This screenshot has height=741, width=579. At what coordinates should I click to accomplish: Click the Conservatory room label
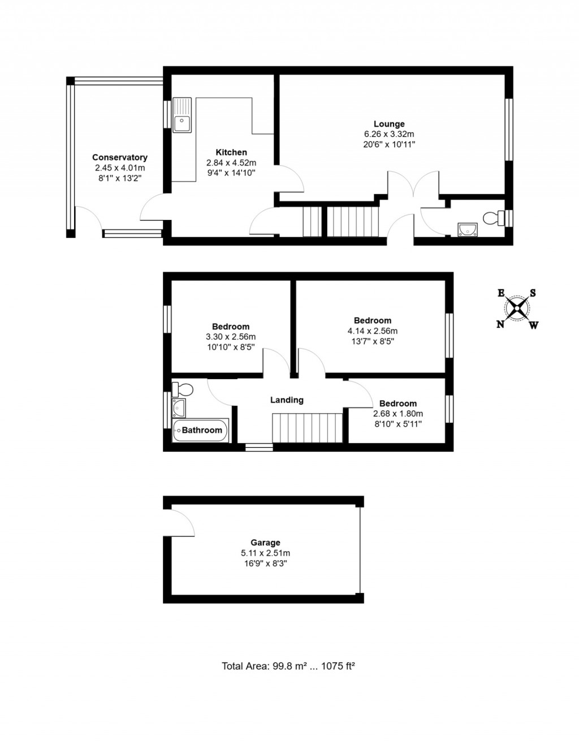120,158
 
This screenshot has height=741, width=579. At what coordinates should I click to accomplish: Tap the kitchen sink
182,120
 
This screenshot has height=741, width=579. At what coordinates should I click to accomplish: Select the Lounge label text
389,124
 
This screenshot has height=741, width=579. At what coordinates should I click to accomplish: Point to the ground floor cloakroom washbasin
468,228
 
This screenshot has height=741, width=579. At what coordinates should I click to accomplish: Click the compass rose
517,309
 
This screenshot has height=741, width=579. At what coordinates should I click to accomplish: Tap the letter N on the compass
500,324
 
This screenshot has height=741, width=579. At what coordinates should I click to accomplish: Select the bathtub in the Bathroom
201,431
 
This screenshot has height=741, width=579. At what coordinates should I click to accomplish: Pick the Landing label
287,400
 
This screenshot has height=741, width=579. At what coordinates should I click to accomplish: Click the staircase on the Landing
308,428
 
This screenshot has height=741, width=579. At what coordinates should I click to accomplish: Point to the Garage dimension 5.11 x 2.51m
266,553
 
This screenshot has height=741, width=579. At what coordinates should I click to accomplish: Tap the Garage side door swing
182,521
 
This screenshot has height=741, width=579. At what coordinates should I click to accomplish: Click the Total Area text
288,666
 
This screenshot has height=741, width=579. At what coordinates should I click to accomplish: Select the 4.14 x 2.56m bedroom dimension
373,331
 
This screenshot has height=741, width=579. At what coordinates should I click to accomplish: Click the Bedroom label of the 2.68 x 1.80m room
398,404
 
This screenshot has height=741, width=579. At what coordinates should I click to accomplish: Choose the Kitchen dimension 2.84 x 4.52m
231,163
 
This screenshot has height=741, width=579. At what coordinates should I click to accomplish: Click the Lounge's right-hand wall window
509,130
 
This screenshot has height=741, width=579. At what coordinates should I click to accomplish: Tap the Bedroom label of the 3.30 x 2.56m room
231,327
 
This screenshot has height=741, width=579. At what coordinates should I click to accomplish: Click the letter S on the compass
533,293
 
